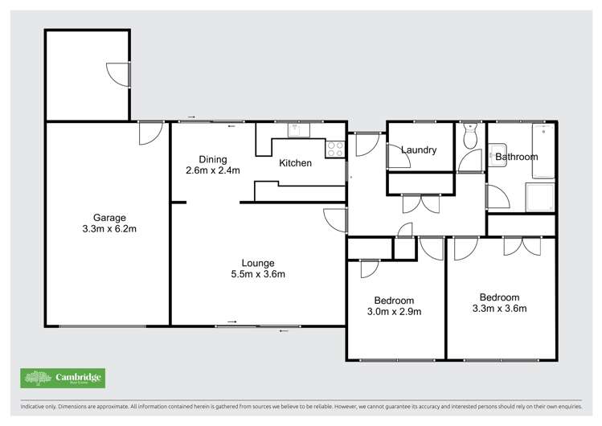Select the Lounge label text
click(258, 263)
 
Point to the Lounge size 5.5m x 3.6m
click(258, 274)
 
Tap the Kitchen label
click(295, 164)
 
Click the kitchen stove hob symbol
click(335, 148)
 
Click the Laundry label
click(418, 150)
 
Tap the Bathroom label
click(516, 157)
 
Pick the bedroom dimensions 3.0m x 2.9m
click(395, 312)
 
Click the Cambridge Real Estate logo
click(63, 378)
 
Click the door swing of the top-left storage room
click(118, 75)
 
